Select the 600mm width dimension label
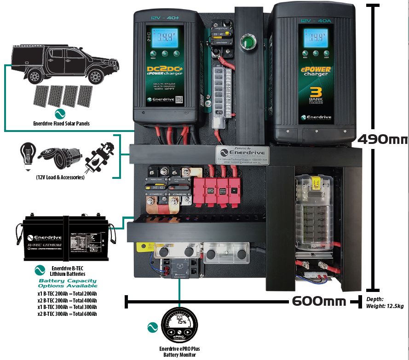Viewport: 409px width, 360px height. (318, 301)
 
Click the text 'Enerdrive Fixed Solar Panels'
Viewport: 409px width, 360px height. (61, 123)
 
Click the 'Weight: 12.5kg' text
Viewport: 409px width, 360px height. (385, 306)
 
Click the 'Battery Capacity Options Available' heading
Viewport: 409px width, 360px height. (68, 283)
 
